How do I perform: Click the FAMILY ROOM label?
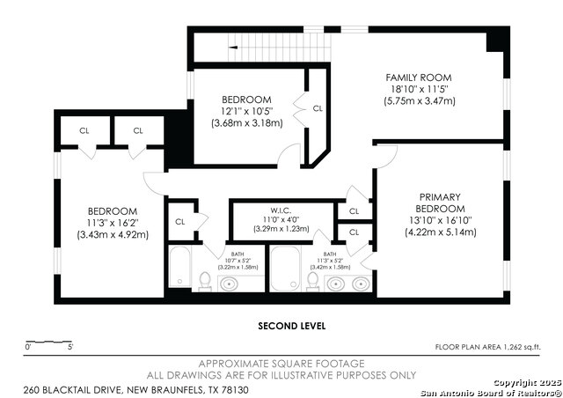click(419, 77)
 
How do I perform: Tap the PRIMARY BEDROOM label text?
click(440, 203)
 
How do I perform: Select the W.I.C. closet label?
click(281, 210)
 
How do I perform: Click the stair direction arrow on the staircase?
click(233, 47)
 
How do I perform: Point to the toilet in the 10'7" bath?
click(205, 281)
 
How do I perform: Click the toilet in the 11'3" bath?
click(313, 281)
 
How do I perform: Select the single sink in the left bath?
click(229, 284)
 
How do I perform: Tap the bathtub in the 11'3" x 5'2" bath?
click(285, 269)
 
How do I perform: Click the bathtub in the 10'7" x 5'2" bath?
click(179, 267)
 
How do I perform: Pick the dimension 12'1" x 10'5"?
click(246, 111)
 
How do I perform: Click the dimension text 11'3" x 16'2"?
click(113, 223)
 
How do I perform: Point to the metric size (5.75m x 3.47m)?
click(420, 101)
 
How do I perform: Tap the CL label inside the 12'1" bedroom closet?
click(318, 108)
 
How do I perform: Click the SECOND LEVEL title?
click(292, 326)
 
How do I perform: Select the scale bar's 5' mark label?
click(70, 347)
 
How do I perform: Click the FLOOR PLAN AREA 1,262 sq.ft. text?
click(488, 347)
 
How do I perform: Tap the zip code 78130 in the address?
click(236, 390)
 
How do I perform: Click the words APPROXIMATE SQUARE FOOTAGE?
click(281, 364)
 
